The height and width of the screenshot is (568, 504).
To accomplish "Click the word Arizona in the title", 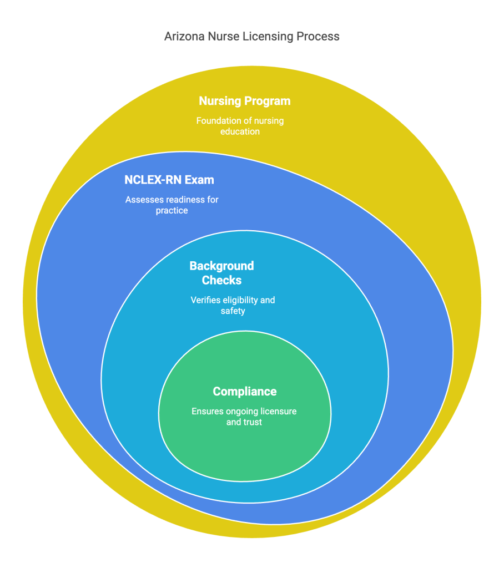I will coord(184,37).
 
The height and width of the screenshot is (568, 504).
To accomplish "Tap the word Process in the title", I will coord(317,37).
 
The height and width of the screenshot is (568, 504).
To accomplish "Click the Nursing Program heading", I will coord(245,101).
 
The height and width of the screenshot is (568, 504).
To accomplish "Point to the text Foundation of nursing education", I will coord(240,126).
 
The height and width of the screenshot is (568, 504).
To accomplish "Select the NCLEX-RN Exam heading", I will coord(169,180).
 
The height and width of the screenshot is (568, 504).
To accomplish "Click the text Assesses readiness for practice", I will coord(172,205).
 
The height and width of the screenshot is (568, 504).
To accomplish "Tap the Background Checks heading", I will coord(221,273).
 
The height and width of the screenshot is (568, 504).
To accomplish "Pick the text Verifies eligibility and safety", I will coord(233,306).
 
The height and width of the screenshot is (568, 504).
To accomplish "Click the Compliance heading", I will coord(245,392).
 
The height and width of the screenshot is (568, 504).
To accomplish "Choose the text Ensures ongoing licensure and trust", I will coord(244,417).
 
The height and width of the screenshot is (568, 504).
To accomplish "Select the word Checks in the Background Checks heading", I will coord(221,280).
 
